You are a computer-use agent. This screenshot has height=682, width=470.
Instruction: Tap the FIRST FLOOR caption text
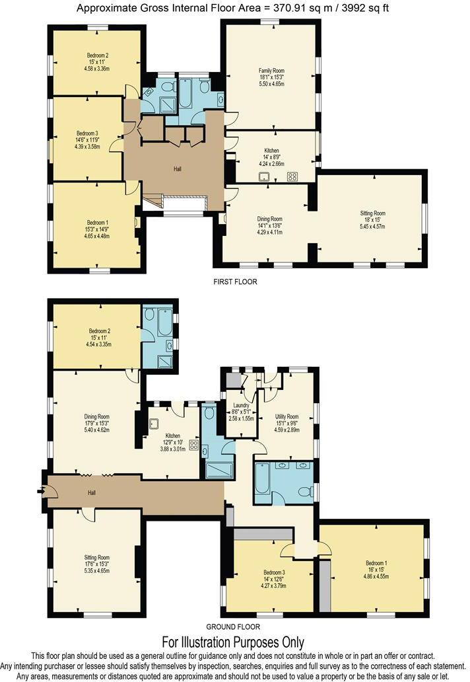click(235, 282)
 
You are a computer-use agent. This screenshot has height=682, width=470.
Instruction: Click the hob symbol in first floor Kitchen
click(291, 176)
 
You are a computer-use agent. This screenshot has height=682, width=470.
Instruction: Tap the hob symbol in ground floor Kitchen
click(193, 445)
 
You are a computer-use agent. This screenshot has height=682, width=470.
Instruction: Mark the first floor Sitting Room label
click(372, 213)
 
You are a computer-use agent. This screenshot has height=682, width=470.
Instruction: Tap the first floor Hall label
click(178, 169)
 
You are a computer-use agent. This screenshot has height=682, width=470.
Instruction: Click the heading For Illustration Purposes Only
click(233, 642)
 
